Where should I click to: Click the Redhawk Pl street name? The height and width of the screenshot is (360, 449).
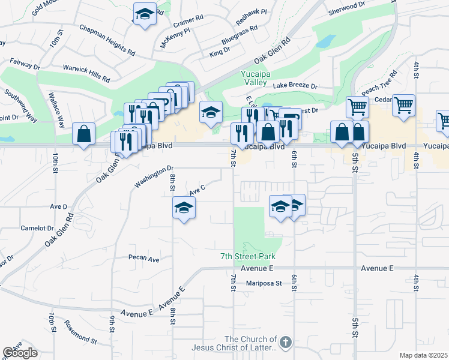pos(252,17)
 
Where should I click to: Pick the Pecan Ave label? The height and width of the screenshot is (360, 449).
pos(143,260)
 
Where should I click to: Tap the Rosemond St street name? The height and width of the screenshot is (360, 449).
pos(80,339)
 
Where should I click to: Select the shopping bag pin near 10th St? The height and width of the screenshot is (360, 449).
pos(84,134)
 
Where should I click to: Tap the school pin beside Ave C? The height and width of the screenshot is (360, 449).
pos(184,208)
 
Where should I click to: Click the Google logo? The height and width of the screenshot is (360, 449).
pos(20,353)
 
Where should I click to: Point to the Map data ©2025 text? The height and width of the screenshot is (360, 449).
pos(424,355)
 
